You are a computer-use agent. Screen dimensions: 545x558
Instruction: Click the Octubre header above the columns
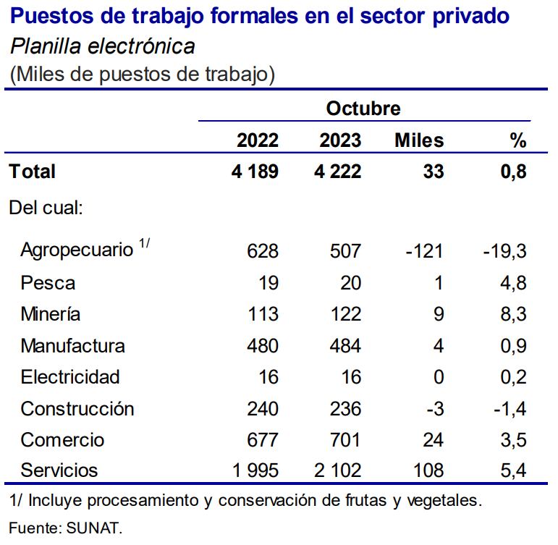coord(363,109)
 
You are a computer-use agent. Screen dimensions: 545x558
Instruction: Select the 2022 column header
coord(258,140)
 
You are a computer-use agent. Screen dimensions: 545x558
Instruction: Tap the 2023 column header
coord(340,140)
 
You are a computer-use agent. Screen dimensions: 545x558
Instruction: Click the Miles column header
coord(419,140)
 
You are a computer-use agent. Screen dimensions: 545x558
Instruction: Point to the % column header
coord(517,140)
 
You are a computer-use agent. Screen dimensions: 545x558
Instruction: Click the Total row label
coord(32,172)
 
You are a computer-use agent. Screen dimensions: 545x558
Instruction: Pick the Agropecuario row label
coord(77,250)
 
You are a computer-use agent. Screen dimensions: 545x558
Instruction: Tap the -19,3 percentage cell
coord(504,251)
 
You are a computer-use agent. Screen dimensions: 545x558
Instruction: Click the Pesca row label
coord(48,283)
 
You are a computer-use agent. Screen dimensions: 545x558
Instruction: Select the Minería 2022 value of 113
coord(263,314)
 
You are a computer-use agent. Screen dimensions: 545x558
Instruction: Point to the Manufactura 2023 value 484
coord(345,346)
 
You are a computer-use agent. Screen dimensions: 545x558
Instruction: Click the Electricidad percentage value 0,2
coord(512,377)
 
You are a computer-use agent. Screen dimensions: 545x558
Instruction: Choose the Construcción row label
coord(77,409)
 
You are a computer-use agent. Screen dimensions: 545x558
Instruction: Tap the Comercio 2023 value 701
coord(345,440)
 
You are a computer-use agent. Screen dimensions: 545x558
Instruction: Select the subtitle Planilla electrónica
coord(102,47)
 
